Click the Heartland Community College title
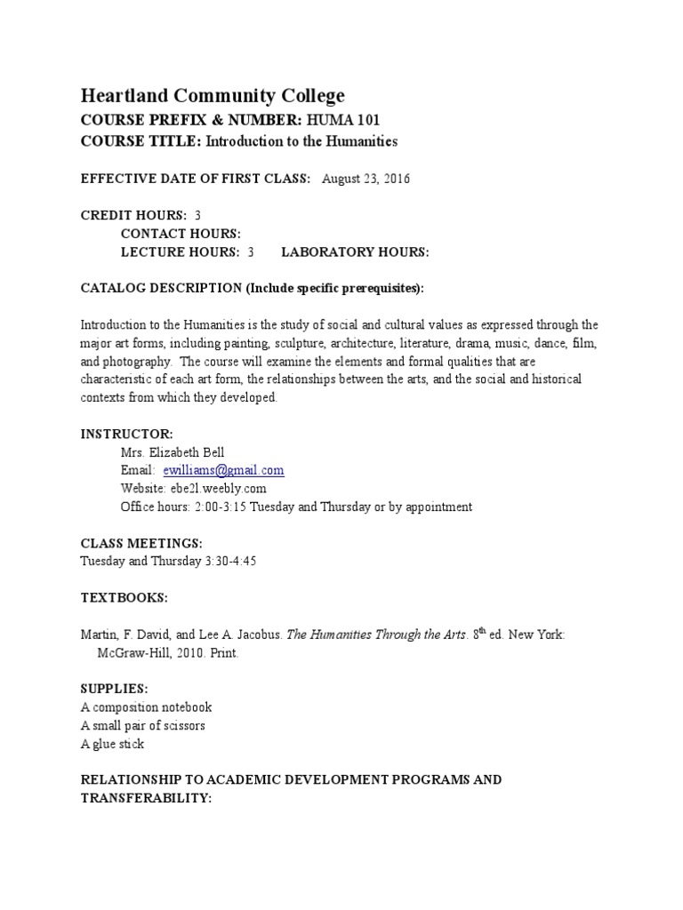click(x=213, y=96)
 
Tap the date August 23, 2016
click(x=366, y=179)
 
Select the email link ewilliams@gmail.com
click(x=223, y=470)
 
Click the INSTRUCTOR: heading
click(x=126, y=434)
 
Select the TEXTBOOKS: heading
click(x=124, y=598)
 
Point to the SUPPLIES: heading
click(x=114, y=689)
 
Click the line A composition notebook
click(x=146, y=707)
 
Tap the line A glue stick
click(x=112, y=744)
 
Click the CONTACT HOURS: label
click(x=181, y=233)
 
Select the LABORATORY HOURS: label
click(x=355, y=251)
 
